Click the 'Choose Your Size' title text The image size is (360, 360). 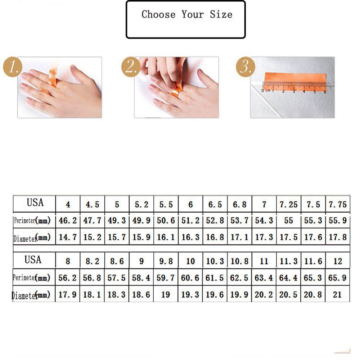coord(186,15)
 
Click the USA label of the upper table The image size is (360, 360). coord(35,203)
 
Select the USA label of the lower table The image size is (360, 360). coord(33,260)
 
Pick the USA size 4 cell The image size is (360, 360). coord(68,205)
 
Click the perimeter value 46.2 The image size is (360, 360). coord(68,221)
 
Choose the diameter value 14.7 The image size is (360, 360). coord(68,238)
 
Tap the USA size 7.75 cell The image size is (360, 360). coord(337,205)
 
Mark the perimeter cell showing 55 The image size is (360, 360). coord(288,221)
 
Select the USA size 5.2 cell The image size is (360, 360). coord(141,205)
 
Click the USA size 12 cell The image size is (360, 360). coord(337,261)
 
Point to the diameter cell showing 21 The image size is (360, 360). coord(337,295)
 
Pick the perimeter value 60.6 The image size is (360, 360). coord(190,278)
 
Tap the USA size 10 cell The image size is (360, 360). coord(190,261)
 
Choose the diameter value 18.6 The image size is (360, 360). coord(141,295)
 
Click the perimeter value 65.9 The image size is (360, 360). coord(337,278)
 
